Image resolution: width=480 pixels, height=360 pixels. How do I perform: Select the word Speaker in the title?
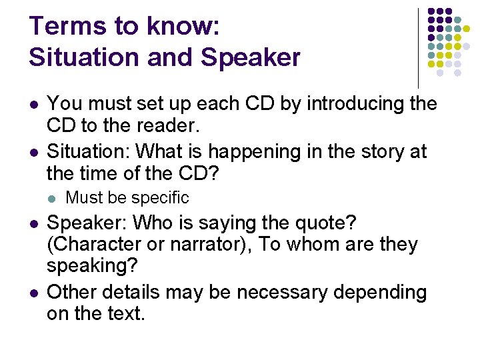click(251, 58)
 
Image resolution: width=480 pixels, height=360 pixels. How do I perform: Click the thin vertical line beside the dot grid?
click(418, 47)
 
